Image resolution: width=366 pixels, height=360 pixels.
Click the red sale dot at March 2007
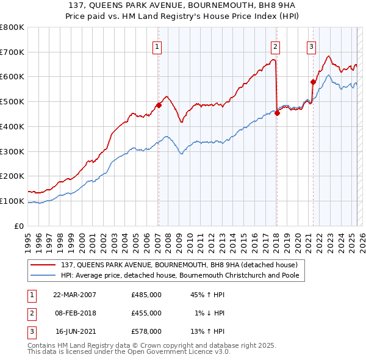coord(159,105)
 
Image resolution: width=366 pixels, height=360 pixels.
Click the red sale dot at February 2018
coord(277,112)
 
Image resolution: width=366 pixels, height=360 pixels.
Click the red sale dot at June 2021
coord(313,82)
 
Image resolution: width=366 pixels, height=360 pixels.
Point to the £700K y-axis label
coord(12,52)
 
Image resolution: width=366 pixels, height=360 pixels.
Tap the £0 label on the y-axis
coord(20,226)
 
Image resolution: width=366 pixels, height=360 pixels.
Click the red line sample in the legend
coord(44,265)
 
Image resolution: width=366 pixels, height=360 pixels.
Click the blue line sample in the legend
coord(44,275)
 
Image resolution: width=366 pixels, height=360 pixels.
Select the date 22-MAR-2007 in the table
coord(74,295)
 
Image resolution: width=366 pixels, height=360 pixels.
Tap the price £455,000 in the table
coord(146,313)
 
